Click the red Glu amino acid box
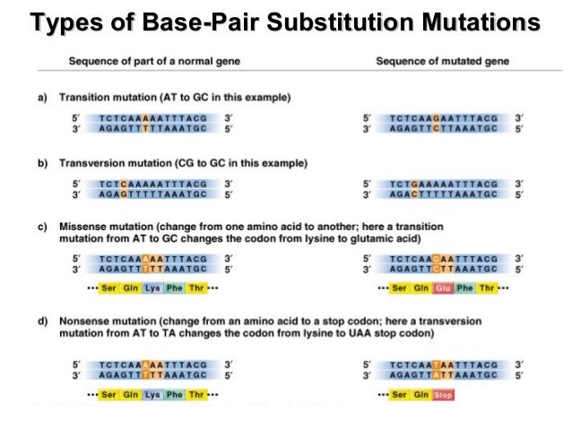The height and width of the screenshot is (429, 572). click(x=443, y=288)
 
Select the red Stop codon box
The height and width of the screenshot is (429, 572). click(x=443, y=394)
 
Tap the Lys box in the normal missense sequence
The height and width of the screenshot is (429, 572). click(x=152, y=288)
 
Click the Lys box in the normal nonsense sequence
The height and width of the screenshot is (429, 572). click(x=152, y=394)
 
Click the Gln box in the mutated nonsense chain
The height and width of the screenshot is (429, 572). click(x=420, y=394)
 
